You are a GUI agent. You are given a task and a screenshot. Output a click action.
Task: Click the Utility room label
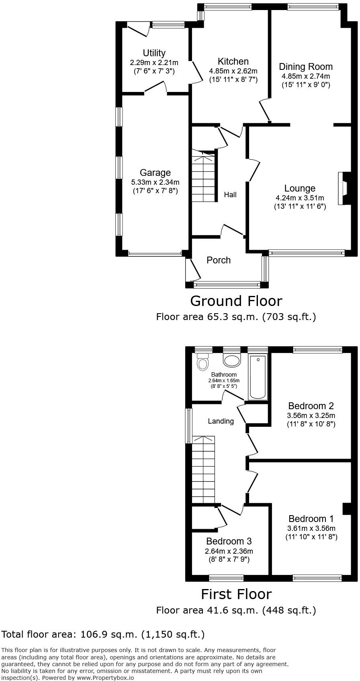[154, 53]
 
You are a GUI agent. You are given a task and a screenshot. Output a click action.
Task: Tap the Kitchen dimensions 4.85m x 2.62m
[233, 71]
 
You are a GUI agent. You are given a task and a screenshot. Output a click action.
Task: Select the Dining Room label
[306, 67]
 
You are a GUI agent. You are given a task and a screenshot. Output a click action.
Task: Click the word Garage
[155, 173]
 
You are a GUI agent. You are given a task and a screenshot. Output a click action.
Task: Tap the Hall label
[230, 195]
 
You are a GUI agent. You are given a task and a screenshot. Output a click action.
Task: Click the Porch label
[219, 260]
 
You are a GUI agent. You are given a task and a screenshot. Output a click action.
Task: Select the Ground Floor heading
[236, 301]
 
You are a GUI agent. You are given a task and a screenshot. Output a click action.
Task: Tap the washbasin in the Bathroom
[231, 360]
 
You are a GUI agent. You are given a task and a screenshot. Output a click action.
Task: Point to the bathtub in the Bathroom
[258, 377]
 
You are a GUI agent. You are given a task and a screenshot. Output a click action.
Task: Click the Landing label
[221, 421]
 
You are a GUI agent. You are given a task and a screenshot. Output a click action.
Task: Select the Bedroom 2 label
[311, 406]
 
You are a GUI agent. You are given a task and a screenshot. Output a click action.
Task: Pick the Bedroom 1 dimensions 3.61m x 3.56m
[311, 528]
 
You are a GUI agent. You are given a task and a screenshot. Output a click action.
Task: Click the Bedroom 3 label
[229, 541]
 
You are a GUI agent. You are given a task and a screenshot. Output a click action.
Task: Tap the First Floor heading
[236, 594]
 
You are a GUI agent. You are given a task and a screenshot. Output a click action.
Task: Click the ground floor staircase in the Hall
[203, 177]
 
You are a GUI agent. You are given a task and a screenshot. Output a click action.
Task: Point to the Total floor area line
[103, 634]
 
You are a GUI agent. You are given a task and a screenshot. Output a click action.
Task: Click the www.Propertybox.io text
[105, 677]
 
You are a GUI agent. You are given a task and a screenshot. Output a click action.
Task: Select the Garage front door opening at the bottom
[155, 254]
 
